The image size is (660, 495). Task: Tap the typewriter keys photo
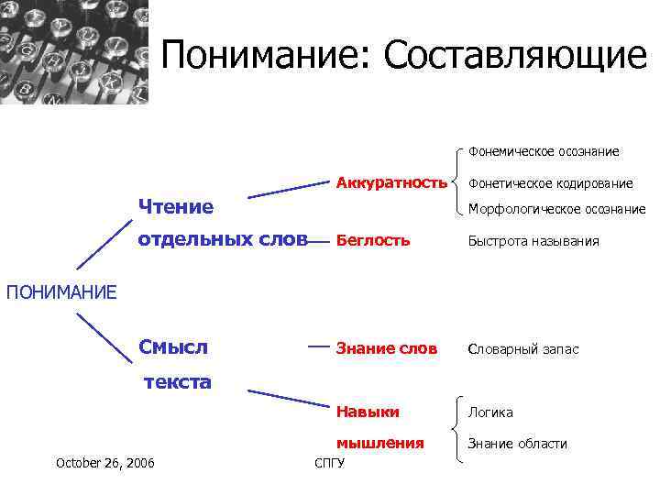click(x=73, y=52)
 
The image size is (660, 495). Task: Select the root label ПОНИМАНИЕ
click(x=61, y=292)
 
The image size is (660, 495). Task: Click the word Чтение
click(x=175, y=206)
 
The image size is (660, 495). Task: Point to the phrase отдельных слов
click(x=223, y=240)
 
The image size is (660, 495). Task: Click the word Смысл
click(x=173, y=347)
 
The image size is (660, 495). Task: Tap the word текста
click(x=178, y=381)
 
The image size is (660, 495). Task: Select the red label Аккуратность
click(x=391, y=181)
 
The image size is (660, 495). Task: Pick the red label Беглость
click(x=373, y=241)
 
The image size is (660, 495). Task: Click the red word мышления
click(x=380, y=443)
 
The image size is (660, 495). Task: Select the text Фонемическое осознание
click(x=544, y=151)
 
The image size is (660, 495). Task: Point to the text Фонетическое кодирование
click(x=550, y=183)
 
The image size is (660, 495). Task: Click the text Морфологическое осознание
click(x=556, y=209)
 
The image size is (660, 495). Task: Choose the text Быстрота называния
click(x=533, y=242)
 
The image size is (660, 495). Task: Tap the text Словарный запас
click(x=523, y=349)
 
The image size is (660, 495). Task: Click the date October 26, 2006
click(x=105, y=462)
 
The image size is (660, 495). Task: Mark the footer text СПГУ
click(x=329, y=463)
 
